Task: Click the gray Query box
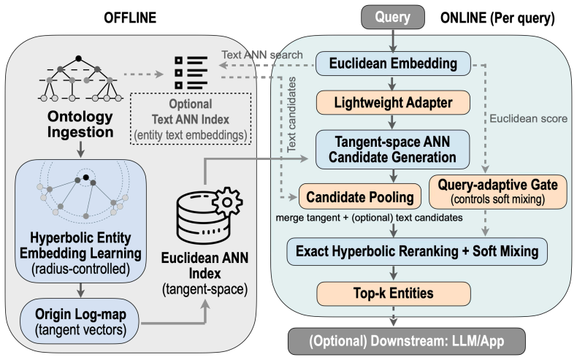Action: pyautogui.click(x=393, y=17)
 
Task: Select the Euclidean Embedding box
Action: pyautogui.click(x=393, y=64)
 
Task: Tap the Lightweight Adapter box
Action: pyautogui.click(x=393, y=102)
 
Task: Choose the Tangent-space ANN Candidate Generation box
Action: pyautogui.click(x=393, y=149)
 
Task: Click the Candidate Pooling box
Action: pyautogui.click(x=360, y=196)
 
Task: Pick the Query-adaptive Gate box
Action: pyautogui.click(x=498, y=191)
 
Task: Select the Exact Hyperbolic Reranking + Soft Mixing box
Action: pyautogui.click(x=417, y=251)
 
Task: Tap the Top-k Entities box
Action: pyautogui.click(x=394, y=294)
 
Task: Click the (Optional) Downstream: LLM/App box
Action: pyautogui.click(x=406, y=341)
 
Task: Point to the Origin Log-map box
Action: pyautogui.click(x=80, y=322)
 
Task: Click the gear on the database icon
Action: pyautogui.click(x=227, y=202)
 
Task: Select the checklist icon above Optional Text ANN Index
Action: pyautogui.click(x=191, y=72)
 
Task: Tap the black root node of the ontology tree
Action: pyautogui.click(x=78, y=58)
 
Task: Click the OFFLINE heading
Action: pyautogui.click(x=130, y=18)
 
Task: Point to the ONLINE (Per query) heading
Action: pyautogui.click(x=497, y=18)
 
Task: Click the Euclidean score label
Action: pyautogui.click(x=528, y=118)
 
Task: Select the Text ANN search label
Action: pyautogui.click(x=262, y=55)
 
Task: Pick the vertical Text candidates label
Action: pyautogui.click(x=291, y=115)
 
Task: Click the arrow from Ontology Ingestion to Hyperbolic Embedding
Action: pyautogui.click(x=80, y=148)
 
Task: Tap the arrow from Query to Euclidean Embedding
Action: pyautogui.click(x=393, y=40)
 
